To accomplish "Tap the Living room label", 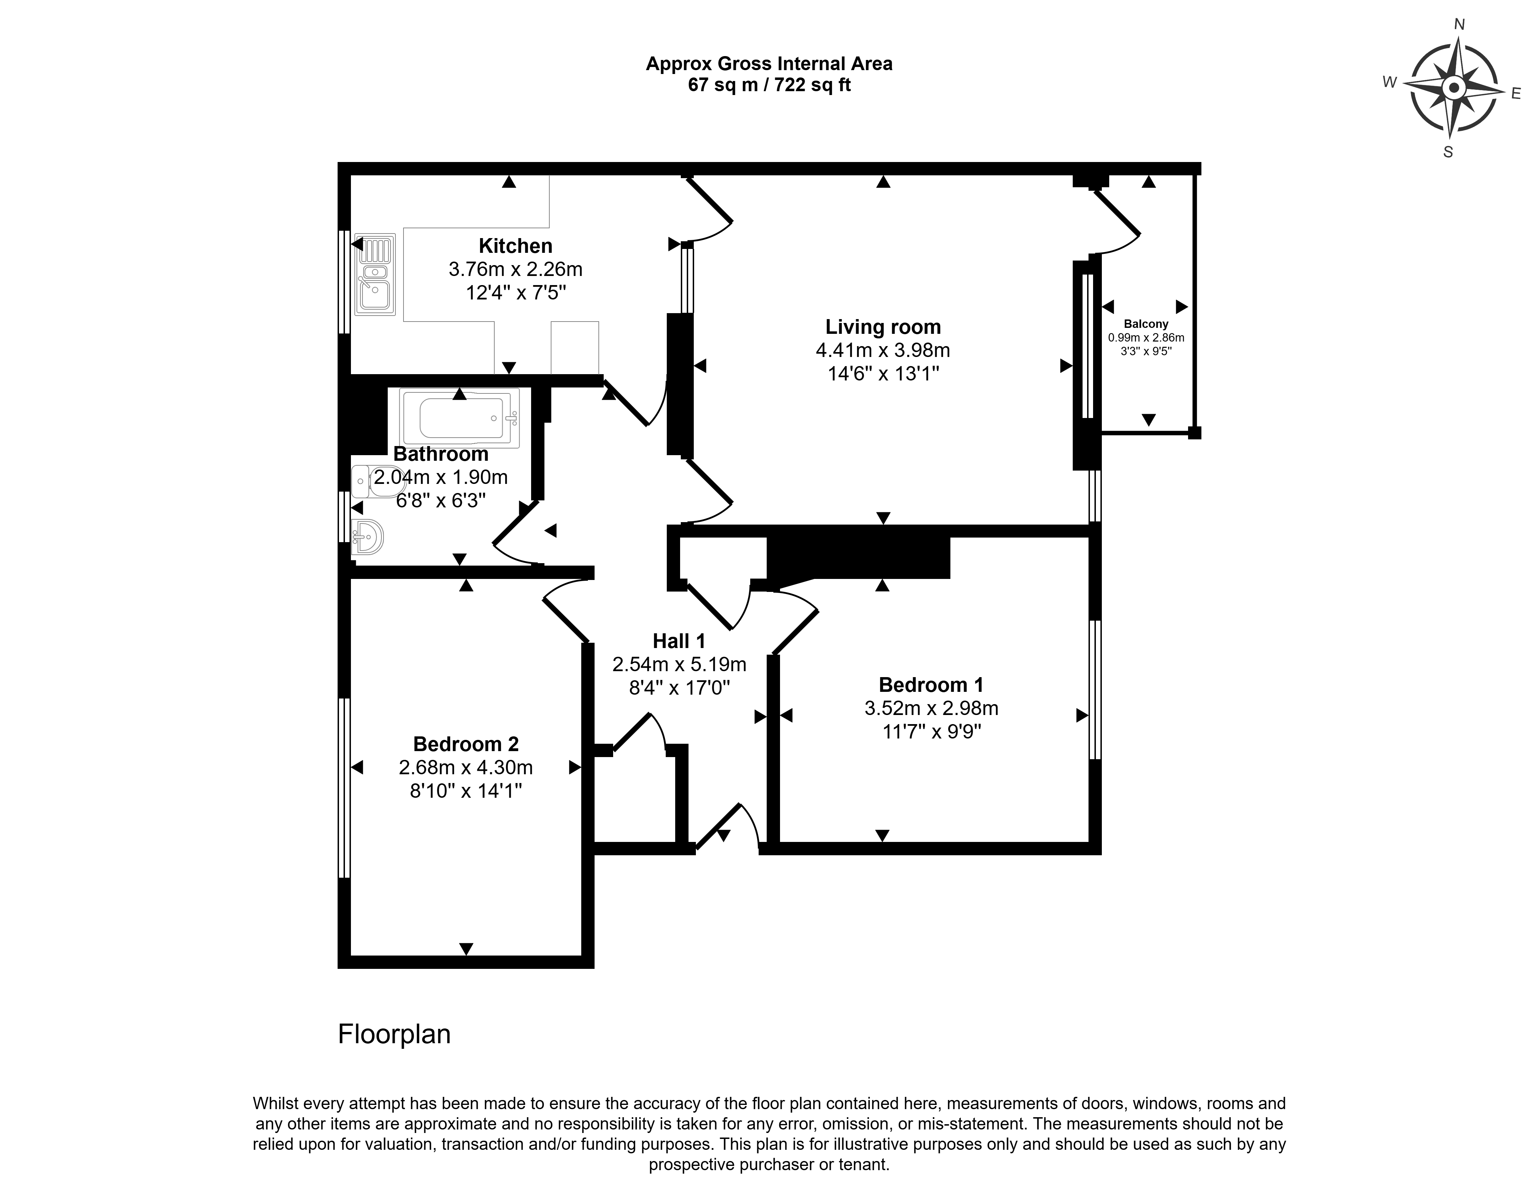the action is coord(883,327).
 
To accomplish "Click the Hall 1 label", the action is coord(679,641).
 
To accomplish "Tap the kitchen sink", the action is coord(375,274).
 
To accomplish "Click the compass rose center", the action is coord(1453,89).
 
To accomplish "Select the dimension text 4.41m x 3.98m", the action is coord(883,350).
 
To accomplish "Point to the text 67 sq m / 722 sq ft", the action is coord(769,85).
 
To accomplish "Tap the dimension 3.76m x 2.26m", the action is coord(516,269).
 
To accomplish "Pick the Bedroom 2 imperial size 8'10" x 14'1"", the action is coord(466,791).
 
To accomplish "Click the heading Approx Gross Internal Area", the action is coord(769,64).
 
